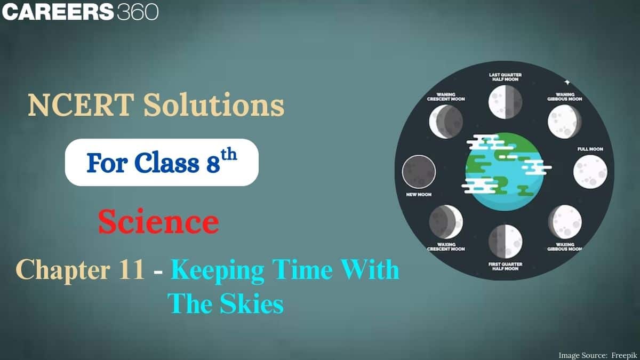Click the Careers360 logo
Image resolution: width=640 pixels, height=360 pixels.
(80, 12)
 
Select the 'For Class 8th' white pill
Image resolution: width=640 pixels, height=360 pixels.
(162, 162)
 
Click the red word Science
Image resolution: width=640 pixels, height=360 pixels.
(158, 222)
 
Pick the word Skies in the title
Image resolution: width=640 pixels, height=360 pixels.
(251, 305)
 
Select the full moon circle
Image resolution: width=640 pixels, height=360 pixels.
(590, 172)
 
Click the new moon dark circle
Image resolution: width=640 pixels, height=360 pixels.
(419, 172)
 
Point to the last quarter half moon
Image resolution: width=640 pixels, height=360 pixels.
(505, 102)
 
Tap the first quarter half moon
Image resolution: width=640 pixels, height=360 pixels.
(505, 241)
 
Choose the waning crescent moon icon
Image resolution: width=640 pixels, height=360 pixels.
(446, 121)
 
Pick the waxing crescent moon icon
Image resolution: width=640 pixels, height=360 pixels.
(446, 221)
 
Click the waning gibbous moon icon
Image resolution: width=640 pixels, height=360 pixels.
(564, 121)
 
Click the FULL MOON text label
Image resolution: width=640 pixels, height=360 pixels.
(590, 149)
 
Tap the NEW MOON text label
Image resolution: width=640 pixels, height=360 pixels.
(419, 195)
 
